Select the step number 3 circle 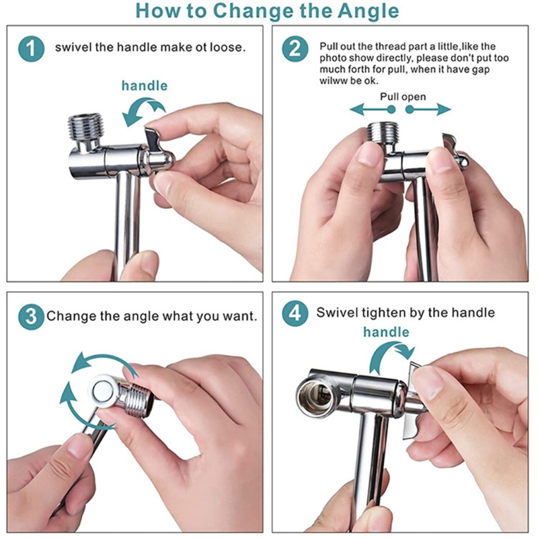coord(29,315)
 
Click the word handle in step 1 coord(145,85)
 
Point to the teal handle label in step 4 coord(386,332)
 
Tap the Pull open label coord(403,97)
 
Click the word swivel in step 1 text coord(73,48)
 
